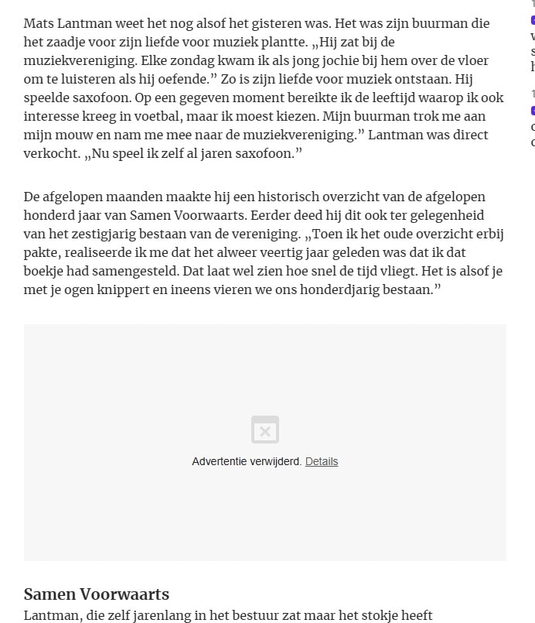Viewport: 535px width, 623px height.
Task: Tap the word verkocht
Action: click(50, 153)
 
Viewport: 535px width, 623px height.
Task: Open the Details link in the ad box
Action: click(322, 461)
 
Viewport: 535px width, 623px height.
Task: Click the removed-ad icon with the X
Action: click(265, 430)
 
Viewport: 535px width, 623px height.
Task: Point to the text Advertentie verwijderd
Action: click(247, 461)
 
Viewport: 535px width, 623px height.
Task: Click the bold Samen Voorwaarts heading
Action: click(97, 594)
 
